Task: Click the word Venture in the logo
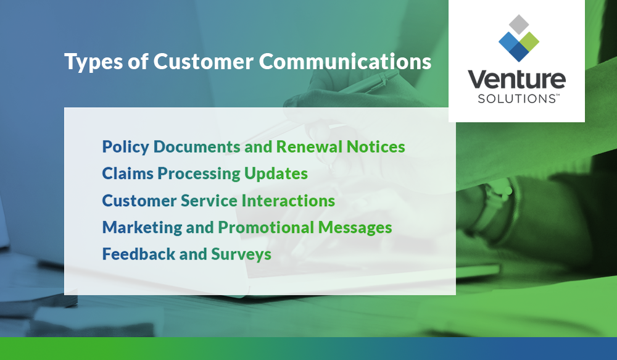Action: (516, 80)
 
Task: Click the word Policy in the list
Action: (126, 147)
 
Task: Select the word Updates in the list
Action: (276, 174)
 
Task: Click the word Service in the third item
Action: (209, 201)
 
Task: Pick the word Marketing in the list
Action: (142, 227)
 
